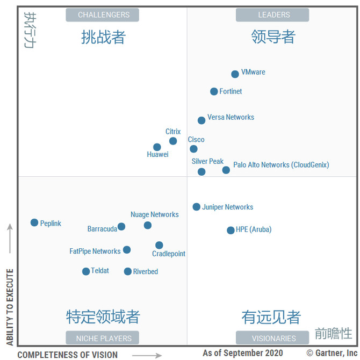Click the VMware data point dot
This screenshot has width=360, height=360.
(235, 74)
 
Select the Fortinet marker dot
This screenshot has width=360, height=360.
(214, 92)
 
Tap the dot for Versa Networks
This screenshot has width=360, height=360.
(201, 120)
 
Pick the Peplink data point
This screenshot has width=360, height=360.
(34, 222)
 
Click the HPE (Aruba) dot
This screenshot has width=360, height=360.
(231, 231)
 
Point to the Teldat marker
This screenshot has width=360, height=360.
(86, 271)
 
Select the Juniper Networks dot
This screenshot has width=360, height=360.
(197, 207)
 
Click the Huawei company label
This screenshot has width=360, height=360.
(157, 155)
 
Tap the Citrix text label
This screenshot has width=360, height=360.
(173, 132)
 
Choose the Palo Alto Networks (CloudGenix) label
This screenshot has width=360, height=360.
(281, 165)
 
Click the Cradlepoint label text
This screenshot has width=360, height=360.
(169, 254)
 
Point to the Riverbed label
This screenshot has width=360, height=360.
(146, 272)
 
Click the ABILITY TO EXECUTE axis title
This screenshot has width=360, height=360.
(9, 307)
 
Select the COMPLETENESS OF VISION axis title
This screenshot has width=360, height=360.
(67, 355)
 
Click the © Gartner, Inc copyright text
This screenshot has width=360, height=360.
(332, 354)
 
